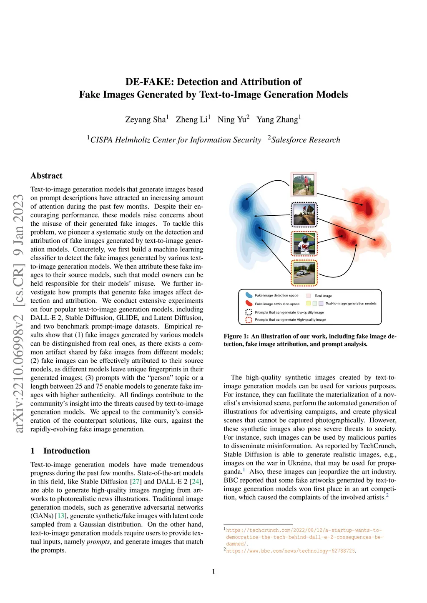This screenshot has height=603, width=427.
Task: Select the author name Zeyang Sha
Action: pyautogui.click(x=146, y=120)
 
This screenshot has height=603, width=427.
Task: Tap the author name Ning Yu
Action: pyautogui.click(x=232, y=120)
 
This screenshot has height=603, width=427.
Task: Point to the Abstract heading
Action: pyautogui.click(x=46, y=176)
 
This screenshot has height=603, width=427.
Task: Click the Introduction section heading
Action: pyautogui.click(x=66, y=451)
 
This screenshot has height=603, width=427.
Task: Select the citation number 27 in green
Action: pyautogui.click(x=136, y=481)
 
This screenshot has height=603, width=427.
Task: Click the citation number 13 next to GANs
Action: pyautogui.click(x=61, y=516)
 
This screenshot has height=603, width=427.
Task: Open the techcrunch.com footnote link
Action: pyautogui.click(x=304, y=537)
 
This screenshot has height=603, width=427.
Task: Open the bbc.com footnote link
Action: pyautogui.click(x=291, y=551)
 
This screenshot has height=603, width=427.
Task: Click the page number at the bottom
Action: pyautogui.click(x=213, y=571)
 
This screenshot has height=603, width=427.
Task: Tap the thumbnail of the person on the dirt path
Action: pyautogui.click(x=303, y=184)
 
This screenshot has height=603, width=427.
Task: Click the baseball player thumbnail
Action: pyautogui.click(x=304, y=244)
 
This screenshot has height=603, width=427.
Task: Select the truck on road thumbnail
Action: pyautogui.click(x=304, y=273)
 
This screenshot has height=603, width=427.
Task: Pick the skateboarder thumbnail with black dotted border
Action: pyautogui.click(x=304, y=214)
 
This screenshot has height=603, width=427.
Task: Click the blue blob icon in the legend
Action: pyautogui.click(x=249, y=295)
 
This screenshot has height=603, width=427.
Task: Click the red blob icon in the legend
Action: pyautogui.click(x=249, y=304)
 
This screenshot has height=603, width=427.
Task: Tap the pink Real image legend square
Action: pyautogui.click(x=309, y=296)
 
